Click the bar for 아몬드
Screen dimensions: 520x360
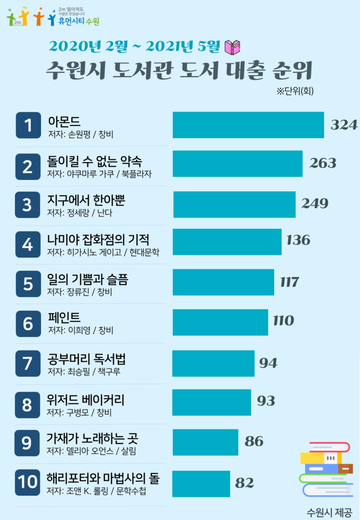coord(248,125)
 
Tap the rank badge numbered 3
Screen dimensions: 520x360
coord(27,204)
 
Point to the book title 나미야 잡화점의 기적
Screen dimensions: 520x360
coord(98,240)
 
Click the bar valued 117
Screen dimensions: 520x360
coord(223,282)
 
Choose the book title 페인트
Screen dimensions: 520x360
coord(64,318)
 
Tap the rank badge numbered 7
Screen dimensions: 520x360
coord(27,363)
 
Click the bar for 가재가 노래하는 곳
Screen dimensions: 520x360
coord(205,442)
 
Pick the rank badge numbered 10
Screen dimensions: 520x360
coord(27,482)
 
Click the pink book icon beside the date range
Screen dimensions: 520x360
coord(233,46)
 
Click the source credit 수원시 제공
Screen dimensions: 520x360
coord(329,512)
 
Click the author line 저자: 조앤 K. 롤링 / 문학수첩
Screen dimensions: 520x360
coord(98,491)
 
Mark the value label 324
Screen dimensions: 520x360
coord(344,125)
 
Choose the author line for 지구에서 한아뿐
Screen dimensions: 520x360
coord(80,213)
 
